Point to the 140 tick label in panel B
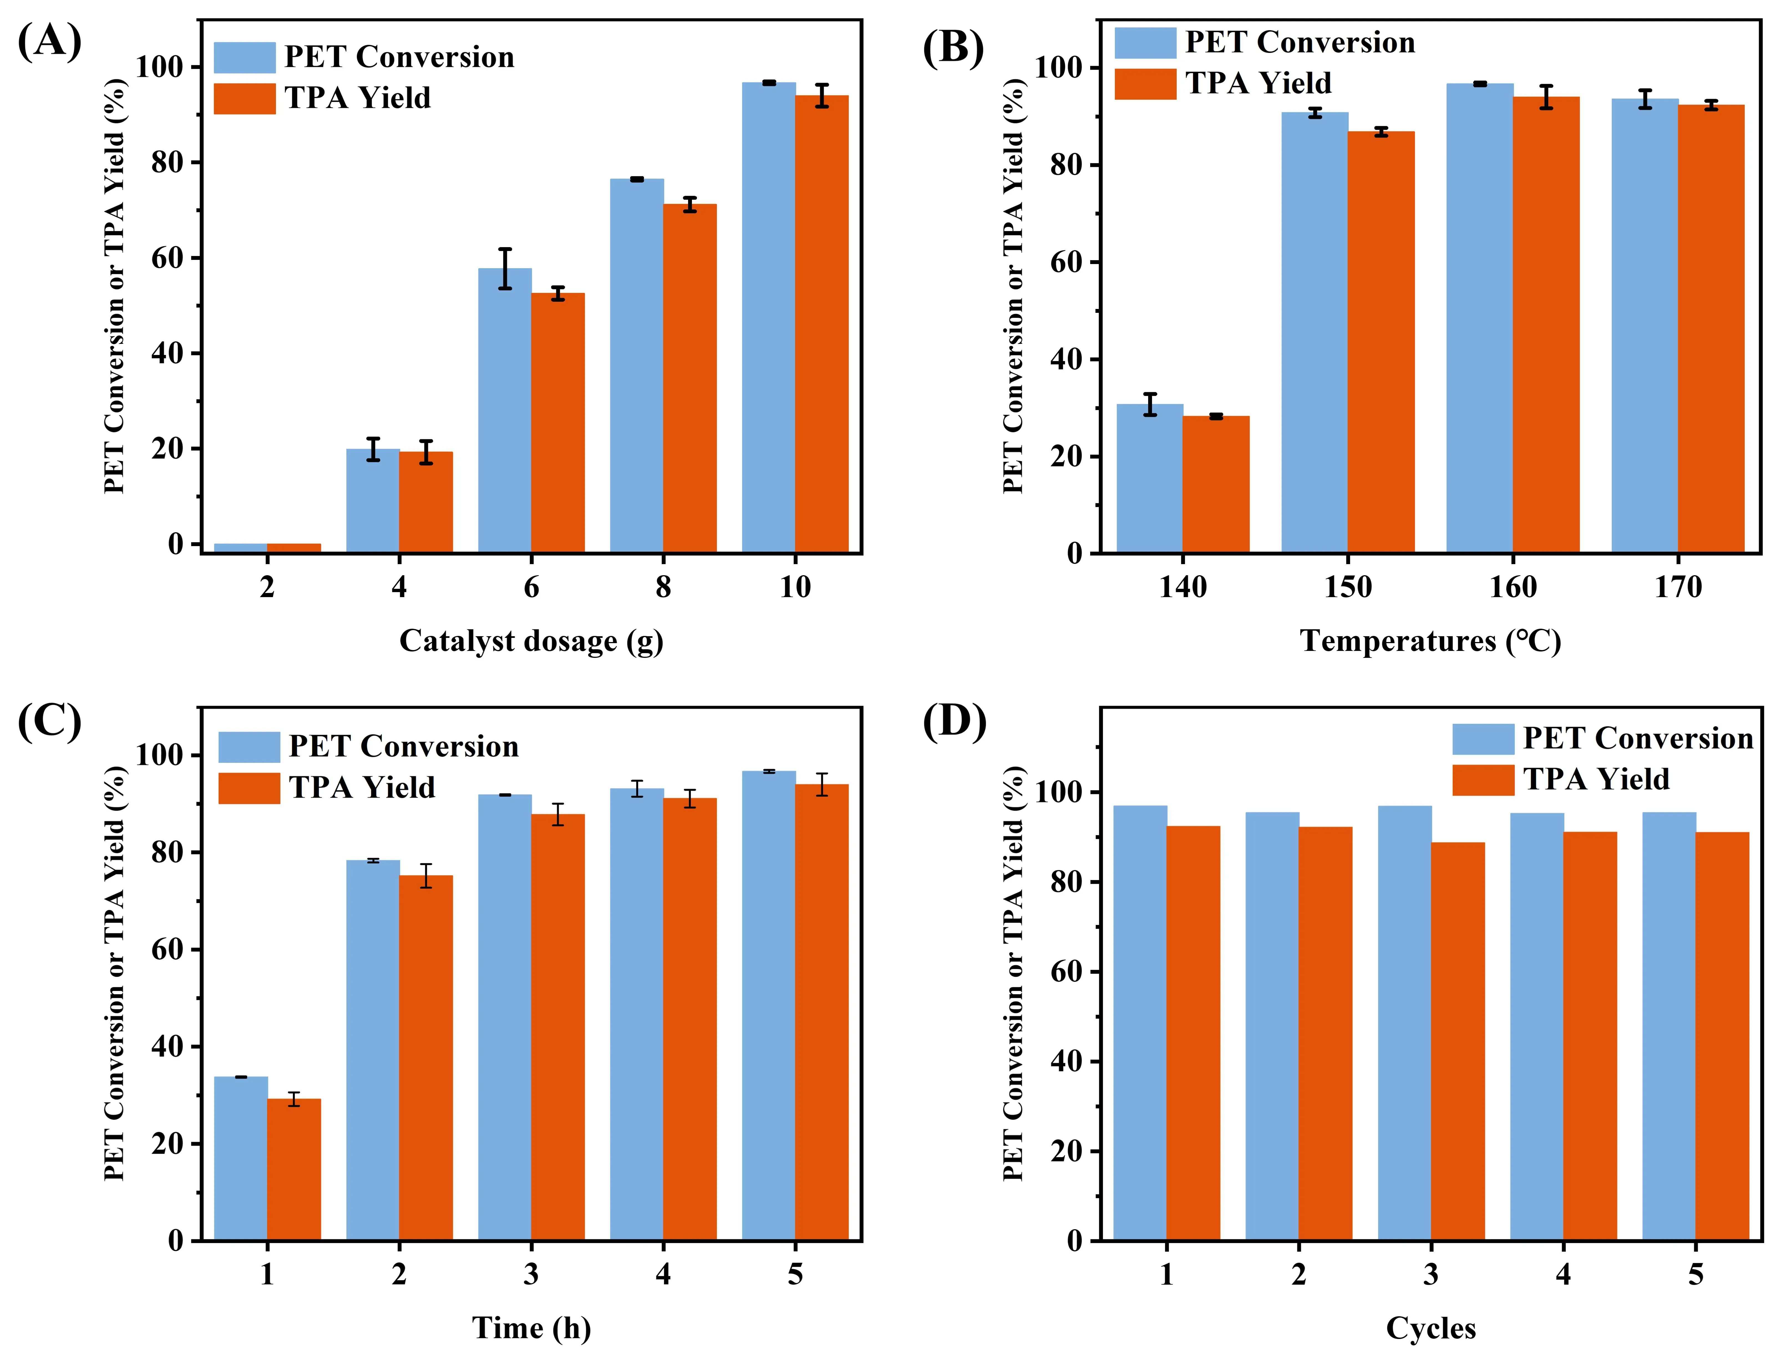(1183, 587)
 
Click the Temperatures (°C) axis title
(1430, 641)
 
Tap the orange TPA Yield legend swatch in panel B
(1145, 84)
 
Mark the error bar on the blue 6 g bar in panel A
(505, 269)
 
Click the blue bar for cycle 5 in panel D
(1669, 1026)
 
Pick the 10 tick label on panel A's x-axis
(795, 587)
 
